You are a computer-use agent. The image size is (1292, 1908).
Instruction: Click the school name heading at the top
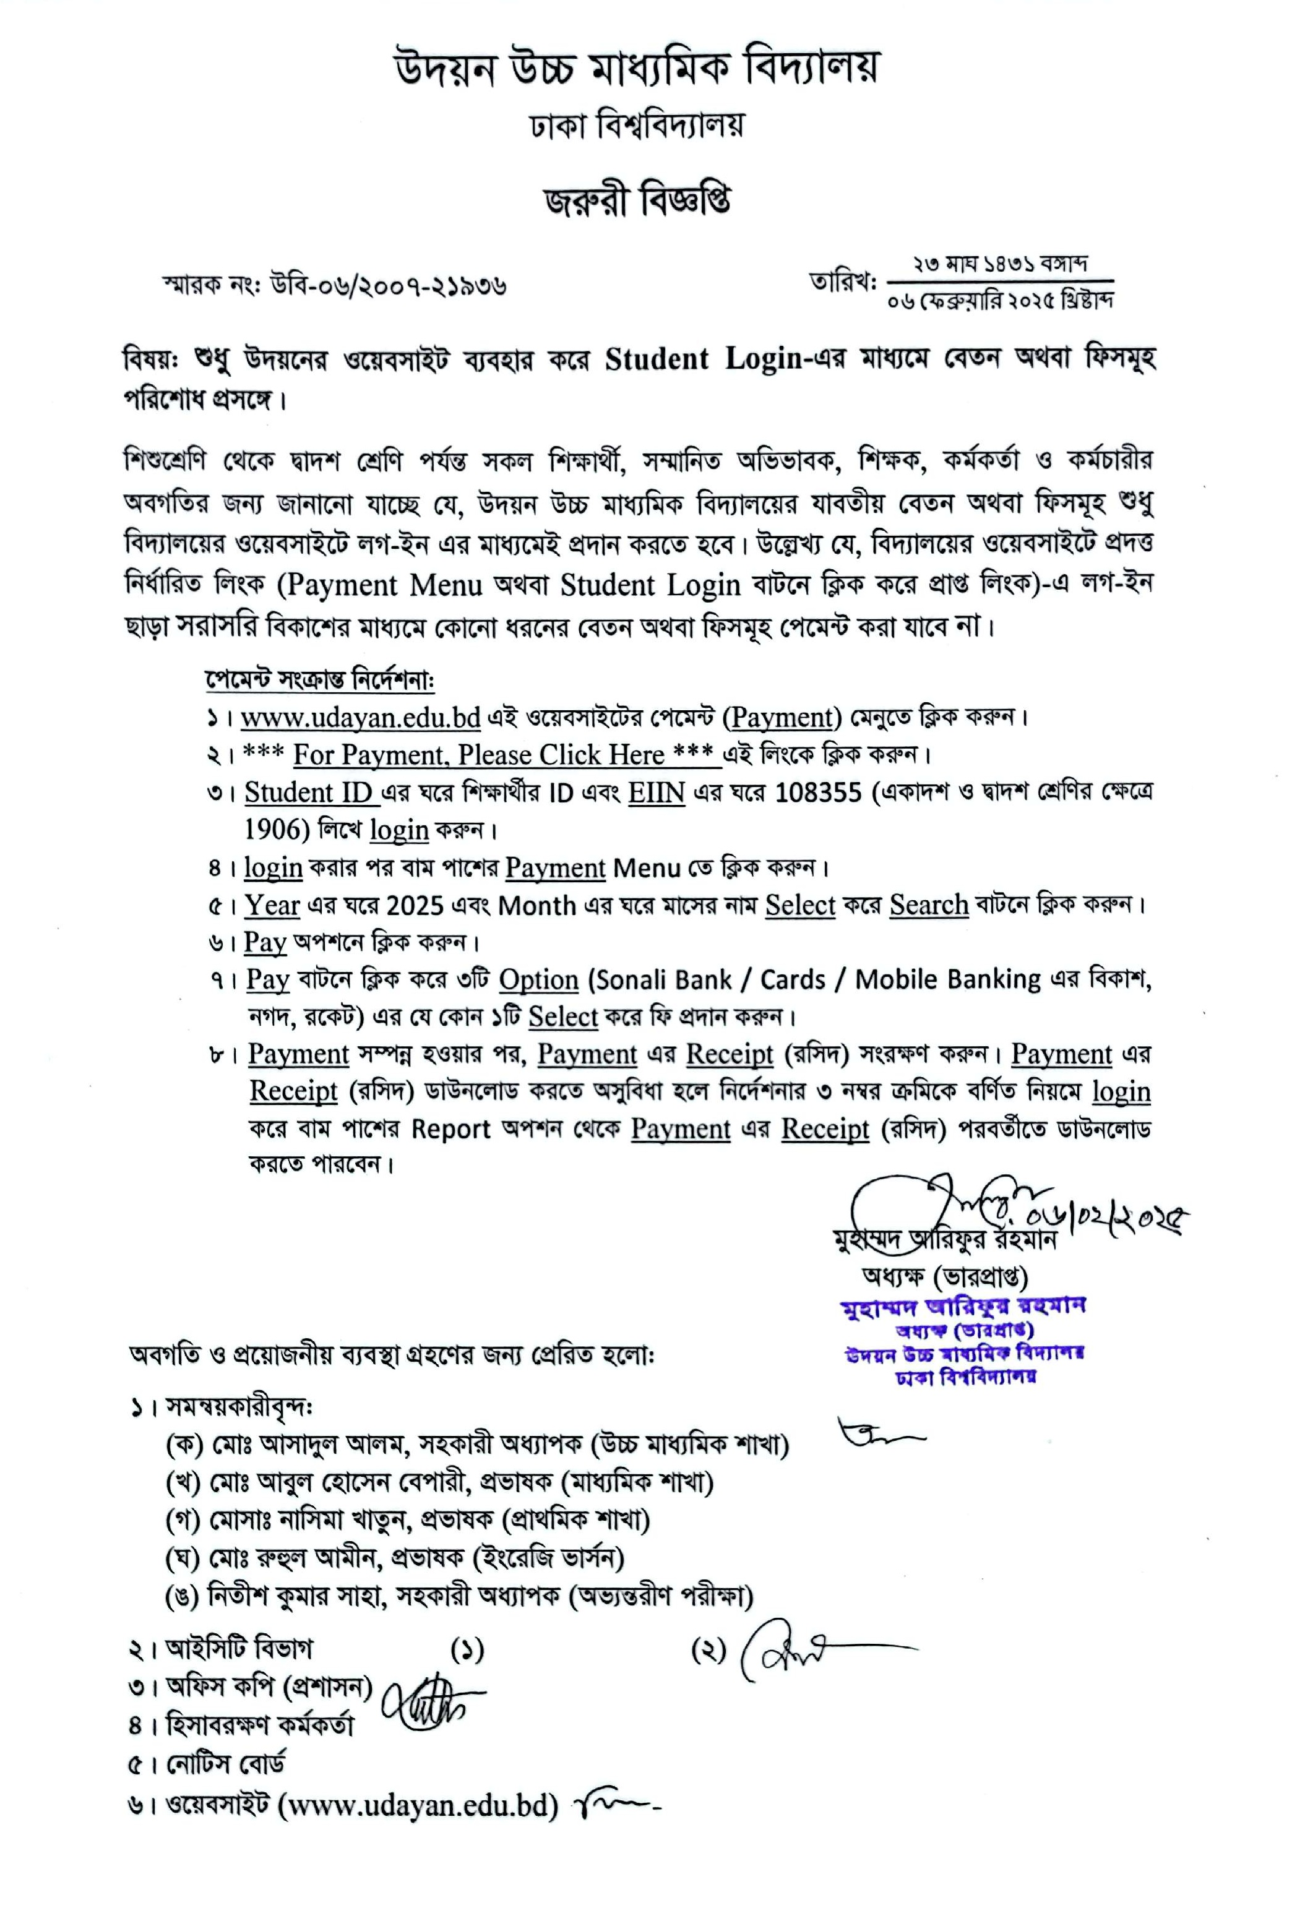coord(637,68)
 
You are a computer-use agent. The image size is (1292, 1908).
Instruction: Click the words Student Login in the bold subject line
coord(702,359)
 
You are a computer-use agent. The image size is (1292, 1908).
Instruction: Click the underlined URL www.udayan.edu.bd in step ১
coord(360,718)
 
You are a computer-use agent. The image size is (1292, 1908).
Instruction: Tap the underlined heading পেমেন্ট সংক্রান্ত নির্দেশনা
coord(319,681)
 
